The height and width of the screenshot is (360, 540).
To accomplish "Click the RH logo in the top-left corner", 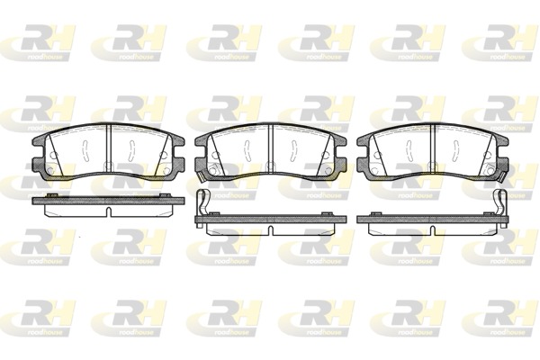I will pyautogui.click(x=35, y=40).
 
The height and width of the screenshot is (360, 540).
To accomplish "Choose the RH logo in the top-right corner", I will pyautogui.click(x=505, y=40).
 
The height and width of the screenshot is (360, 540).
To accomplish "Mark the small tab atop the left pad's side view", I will pyautogui.click(x=55, y=195).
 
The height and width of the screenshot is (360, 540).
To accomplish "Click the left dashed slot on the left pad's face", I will pyautogui.click(x=80, y=148).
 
